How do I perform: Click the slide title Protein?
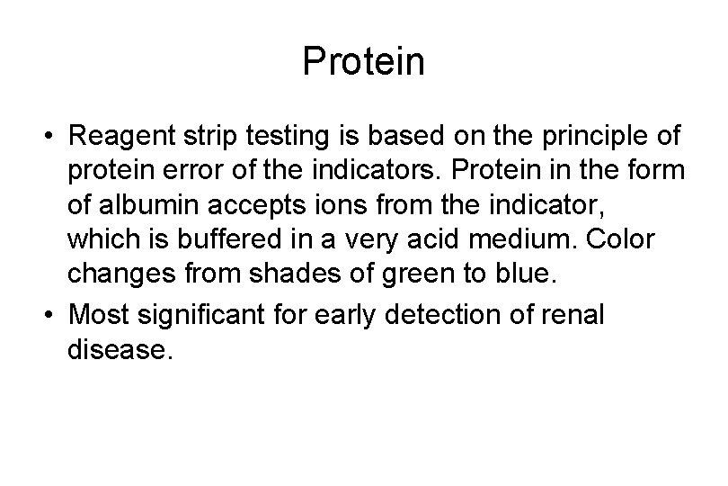click(x=363, y=62)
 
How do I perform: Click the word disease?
click(x=117, y=350)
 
